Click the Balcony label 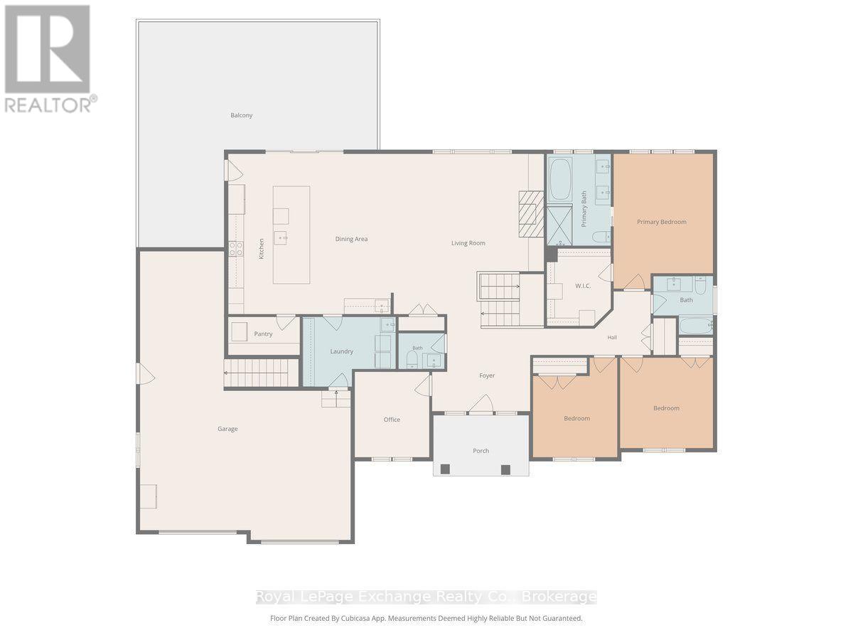tap(241, 115)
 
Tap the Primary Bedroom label tap(661, 222)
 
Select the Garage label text tap(227, 429)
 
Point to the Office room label tap(392, 420)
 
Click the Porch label tap(481, 451)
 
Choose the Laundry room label tap(342, 351)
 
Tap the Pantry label tap(263, 334)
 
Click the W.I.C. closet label tap(583, 286)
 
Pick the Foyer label tap(487, 375)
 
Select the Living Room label tap(468, 243)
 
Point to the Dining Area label tap(351, 239)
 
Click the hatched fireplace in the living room tap(531, 214)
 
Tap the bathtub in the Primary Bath tap(560, 178)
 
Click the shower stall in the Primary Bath tap(559, 225)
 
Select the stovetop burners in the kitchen tap(236, 249)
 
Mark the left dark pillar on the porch tap(445, 469)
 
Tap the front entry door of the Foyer tap(481, 404)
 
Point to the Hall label tap(612, 337)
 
